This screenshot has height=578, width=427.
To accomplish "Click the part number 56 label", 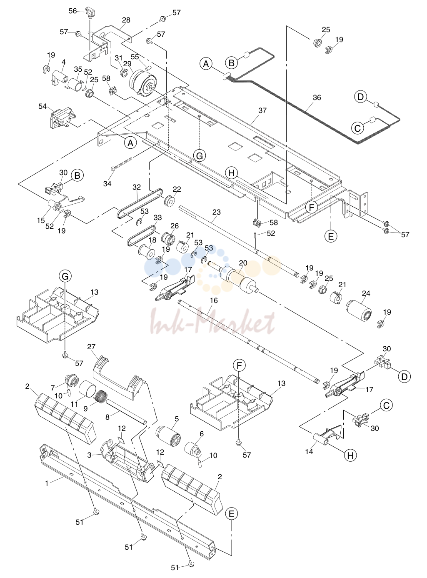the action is coord(72,11).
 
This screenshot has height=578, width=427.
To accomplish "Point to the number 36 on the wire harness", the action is coord(317,98).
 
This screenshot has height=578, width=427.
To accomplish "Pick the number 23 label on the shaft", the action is coord(216,212).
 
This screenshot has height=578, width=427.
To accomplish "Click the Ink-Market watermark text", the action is coord(213,321).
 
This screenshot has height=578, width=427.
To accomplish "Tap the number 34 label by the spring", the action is coord(107,183).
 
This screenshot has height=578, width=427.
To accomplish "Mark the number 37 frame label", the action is coord(262,110).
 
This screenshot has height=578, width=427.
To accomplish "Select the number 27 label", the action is coord(92,347).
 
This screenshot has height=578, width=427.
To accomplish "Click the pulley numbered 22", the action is coord(170,202).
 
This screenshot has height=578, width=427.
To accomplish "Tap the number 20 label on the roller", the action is coord(243,263).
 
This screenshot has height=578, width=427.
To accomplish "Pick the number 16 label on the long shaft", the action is coord(214,300).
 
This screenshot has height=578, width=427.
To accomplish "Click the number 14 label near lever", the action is coord(309,451).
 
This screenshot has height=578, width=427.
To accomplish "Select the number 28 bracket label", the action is coord(126,20).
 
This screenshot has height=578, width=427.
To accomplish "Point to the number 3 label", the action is coord(90,455).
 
